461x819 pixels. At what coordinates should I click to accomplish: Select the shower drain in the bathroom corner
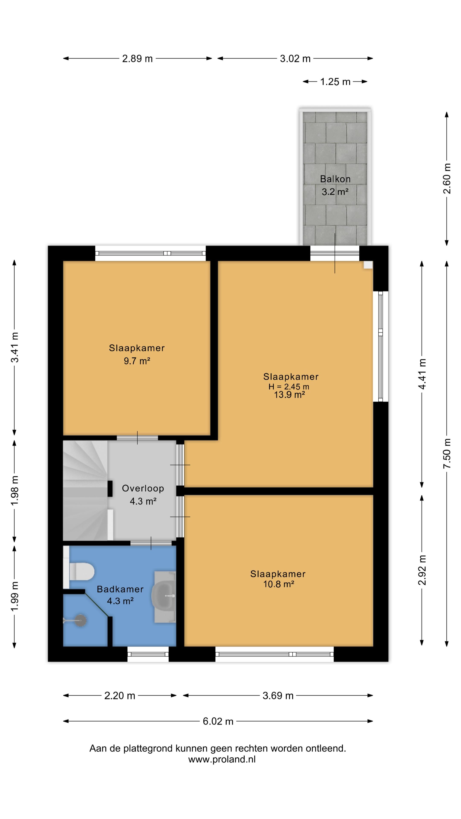coord(80,620)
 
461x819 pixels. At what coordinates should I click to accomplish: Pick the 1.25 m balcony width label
coord(335,82)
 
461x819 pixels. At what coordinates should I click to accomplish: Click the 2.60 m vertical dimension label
coord(447,178)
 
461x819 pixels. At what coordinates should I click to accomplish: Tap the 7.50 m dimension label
coord(447,453)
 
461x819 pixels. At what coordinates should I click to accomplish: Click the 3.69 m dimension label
coord(278,696)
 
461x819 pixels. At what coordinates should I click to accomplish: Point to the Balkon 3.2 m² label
coord(335,185)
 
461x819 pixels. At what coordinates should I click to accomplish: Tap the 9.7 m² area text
coord(137,361)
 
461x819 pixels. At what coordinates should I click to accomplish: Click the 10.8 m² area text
coord(278,584)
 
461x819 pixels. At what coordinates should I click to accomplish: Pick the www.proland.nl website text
coord(222,759)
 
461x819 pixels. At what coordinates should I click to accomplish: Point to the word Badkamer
coord(120,589)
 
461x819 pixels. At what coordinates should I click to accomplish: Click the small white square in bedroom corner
coord(368,265)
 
